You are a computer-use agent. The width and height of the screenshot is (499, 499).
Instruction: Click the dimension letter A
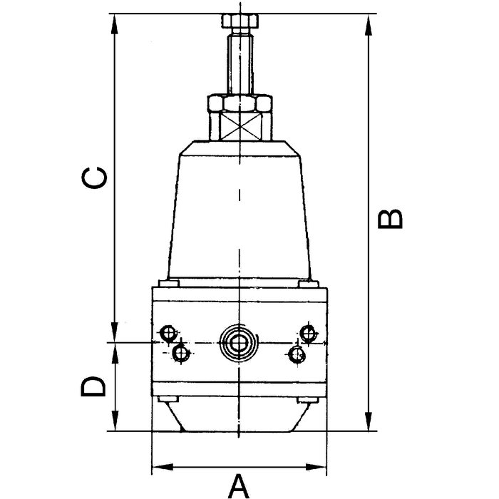click(238, 486)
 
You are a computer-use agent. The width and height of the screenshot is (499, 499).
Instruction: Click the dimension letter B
click(390, 219)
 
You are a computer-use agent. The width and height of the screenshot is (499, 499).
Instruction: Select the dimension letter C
click(94, 178)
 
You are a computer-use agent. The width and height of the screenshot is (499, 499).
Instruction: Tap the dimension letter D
click(93, 386)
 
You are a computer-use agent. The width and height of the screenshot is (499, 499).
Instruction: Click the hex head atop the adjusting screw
click(240, 21)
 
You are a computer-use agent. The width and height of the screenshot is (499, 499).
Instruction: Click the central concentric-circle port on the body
click(238, 344)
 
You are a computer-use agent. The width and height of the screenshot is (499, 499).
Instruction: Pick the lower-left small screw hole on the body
click(181, 353)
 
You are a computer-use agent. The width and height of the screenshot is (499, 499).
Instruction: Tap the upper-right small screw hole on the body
click(309, 334)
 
